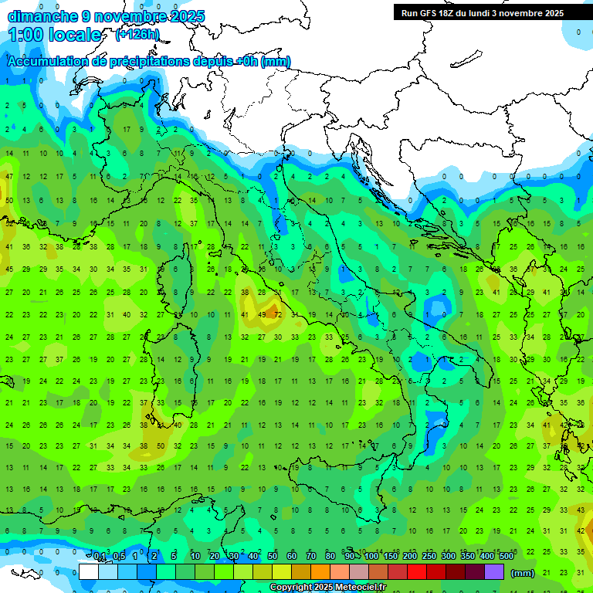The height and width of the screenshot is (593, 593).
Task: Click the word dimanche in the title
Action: pos(42,16)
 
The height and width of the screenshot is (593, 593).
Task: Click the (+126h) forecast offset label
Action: pos(137,35)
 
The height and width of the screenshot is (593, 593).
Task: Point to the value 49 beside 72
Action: pos(262,315)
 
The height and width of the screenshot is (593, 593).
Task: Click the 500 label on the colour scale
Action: pos(506,557)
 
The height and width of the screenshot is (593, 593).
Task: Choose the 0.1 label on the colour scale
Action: pos(99,557)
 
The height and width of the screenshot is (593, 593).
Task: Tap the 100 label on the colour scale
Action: pos(371,557)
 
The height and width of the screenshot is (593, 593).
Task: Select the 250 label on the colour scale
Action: pos(429,557)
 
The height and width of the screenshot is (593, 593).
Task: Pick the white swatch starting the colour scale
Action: pos(89,571)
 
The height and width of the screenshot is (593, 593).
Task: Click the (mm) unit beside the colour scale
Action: pos(523,573)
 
